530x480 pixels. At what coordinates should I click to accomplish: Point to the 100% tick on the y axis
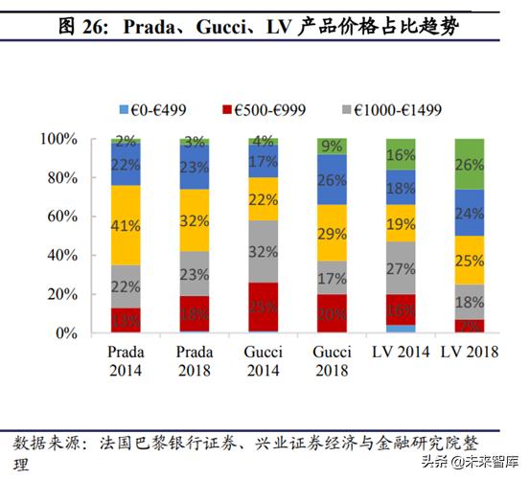click(58, 139)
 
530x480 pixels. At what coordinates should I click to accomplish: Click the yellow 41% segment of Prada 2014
click(126, 225)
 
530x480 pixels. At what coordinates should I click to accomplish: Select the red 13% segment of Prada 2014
click(126, 320)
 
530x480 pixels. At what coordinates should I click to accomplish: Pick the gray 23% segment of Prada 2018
click(195, 274)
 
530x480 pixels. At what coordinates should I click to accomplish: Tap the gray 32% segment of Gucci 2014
click(264, 251)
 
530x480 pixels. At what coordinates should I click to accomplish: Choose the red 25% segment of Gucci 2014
click(264, 308)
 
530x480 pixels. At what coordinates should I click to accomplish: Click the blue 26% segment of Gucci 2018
click(333, 180)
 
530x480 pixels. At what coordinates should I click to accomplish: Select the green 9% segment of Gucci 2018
click(333, 147)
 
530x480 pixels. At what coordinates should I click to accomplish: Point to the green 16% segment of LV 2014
click(402, 154)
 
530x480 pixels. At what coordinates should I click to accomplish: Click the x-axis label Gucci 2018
click(333, 360)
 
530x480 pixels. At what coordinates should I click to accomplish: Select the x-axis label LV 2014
click(402, 353)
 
